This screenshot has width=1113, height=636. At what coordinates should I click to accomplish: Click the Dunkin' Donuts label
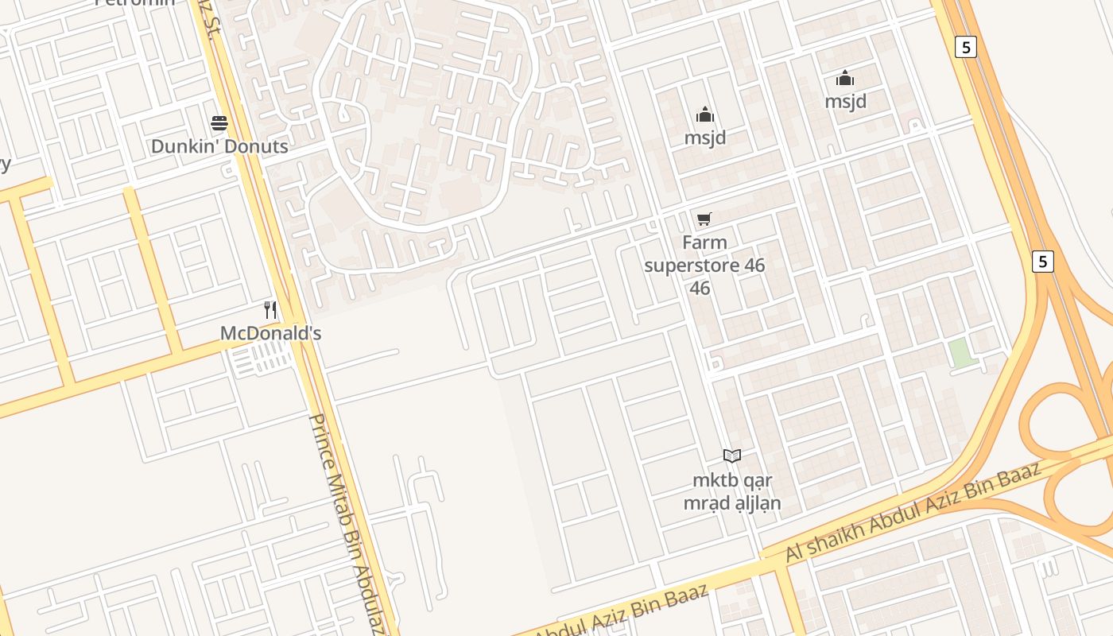click(x=219, y=146)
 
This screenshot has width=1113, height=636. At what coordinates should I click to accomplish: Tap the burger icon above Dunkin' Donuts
click(x=219, y=123)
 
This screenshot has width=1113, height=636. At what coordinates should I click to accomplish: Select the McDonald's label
click(x=270, y=333)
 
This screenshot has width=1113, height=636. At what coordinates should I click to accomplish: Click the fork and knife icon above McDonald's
click(x=270, y=310)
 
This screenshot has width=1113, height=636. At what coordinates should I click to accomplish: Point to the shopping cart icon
click(x=704, y=219)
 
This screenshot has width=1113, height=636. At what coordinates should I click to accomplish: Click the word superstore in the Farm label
click(x=691, y=265)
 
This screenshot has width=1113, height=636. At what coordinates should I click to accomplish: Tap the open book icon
click(x=732, y=456)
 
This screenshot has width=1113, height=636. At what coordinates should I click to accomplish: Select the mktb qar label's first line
click(x=732, y=480)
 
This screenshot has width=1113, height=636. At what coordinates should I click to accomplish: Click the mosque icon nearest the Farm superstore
click(x=705, y=115)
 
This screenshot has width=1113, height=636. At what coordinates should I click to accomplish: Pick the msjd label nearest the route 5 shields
click(x=845, y=101)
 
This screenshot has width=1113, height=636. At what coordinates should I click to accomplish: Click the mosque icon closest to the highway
click(x=844, y=78)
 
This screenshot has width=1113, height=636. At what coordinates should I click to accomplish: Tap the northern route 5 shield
click(x=966, y=47)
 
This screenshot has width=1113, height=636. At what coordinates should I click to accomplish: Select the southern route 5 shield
click(x=1043, y=261)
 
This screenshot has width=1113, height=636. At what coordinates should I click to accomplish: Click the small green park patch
click(x=962, y=353)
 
